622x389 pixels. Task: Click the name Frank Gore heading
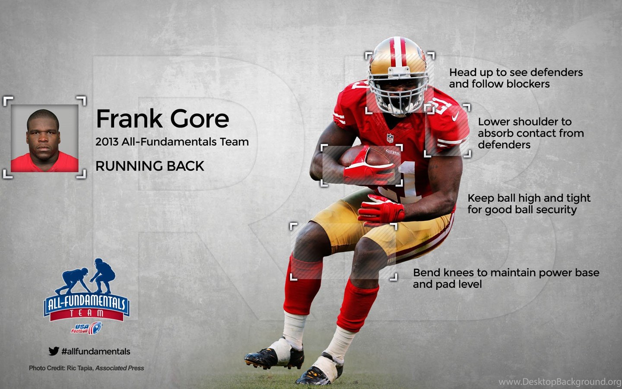point(162,118)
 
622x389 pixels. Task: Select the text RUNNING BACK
point(150,166)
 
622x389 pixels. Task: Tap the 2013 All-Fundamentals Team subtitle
point(172,142)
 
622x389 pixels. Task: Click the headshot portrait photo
point(44,138)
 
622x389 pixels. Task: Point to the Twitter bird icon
point(54,351)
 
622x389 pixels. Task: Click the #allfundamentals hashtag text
point(96,351)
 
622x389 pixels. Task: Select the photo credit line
point(87,368)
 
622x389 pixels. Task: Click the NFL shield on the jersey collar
point(390,138)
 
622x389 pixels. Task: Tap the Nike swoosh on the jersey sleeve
point(455,116)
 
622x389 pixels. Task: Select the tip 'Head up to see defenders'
point(516,78)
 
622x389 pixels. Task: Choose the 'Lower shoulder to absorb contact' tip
point(531,133)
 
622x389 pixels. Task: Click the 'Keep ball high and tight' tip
point(529,204)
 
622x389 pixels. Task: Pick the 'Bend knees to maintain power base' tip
point(506,278)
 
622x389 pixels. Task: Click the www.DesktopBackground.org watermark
point(560,382)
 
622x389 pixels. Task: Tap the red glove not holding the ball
point(381,210)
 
